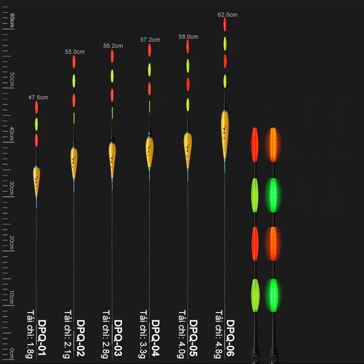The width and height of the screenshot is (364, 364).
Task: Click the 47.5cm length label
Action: click(x=38, y=97)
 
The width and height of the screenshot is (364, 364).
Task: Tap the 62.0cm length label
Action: click(x=227, y=15)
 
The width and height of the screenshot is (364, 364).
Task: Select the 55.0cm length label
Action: click(x=75, y=52)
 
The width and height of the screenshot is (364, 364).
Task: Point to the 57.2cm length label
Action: click(x=150, y=40)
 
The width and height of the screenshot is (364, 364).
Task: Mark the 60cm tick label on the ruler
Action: click(x=13, y=21)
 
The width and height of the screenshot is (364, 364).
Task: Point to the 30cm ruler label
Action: click(x=13, y=186)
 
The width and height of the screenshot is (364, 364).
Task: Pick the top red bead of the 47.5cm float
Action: click(x=36, y=107)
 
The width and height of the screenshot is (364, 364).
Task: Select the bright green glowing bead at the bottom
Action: click(x=273, y=295)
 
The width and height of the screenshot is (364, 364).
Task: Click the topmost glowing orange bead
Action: click(x=273, y=145)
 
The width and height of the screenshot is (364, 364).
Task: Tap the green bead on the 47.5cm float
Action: click(x=36, y=123)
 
